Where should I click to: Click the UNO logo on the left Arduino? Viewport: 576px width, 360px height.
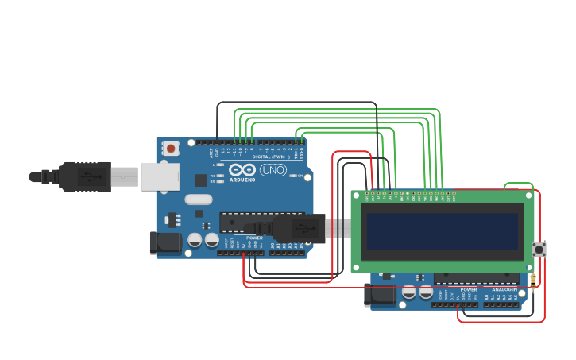pos(273,170)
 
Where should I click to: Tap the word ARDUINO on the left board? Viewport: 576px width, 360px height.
pos(242,180)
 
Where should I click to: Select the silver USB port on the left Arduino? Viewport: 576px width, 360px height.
pos(160,176)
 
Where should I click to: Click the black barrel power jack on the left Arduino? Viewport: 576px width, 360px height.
pos(165,242)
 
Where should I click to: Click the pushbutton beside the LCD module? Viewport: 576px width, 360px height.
pos(539,250)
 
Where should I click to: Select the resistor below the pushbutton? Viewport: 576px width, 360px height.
pos(532,278)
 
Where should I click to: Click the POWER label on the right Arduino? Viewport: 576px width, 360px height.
pos(469,290)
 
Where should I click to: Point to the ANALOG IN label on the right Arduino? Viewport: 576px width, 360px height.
pos(504,290)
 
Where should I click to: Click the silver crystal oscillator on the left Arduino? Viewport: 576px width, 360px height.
pos(199,199)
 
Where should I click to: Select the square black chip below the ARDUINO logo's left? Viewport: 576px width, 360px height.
pos(201,180)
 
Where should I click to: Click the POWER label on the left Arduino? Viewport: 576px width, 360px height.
pos(254,238)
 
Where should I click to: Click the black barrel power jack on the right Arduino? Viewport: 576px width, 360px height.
pos(380,295)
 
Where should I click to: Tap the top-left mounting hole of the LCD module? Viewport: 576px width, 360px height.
pos(357,195)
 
